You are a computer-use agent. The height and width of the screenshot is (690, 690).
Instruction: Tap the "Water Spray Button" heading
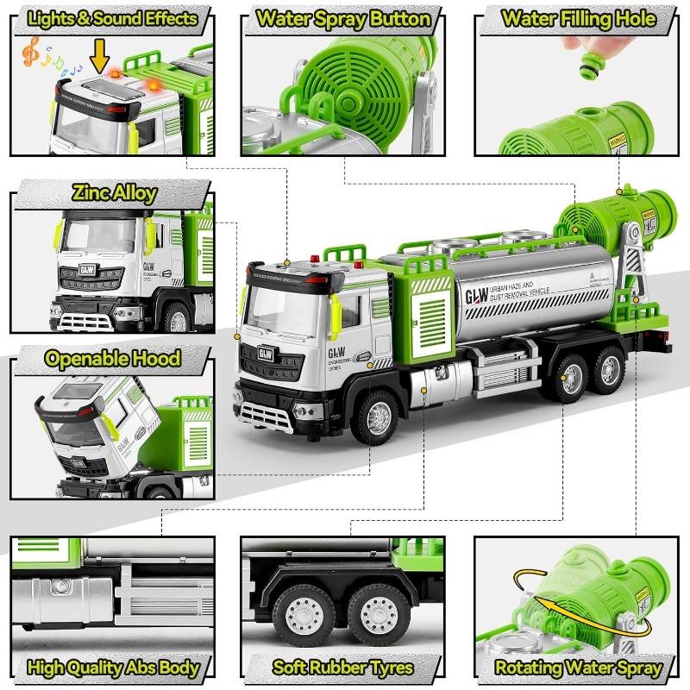point(344,18)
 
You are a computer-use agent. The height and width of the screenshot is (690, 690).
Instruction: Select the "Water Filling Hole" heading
point(579,18)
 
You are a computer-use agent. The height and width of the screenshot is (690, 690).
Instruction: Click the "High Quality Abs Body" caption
point(113,667)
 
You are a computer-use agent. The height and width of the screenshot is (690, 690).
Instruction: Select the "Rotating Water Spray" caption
point(579,667)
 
